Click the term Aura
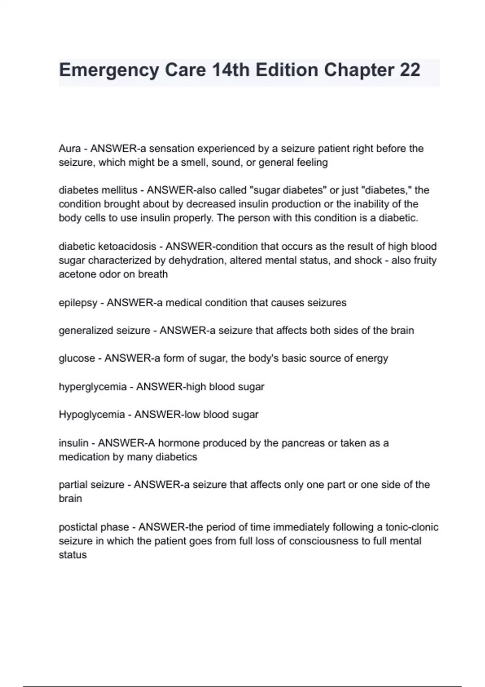coord(70,149)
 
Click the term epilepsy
coord(78,303)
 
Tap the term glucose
coord(77,358)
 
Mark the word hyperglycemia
coord(93,387)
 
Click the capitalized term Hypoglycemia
coord(92,415)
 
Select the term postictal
coord(78,527)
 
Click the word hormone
coord(178,443)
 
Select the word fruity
coord(425,261)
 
